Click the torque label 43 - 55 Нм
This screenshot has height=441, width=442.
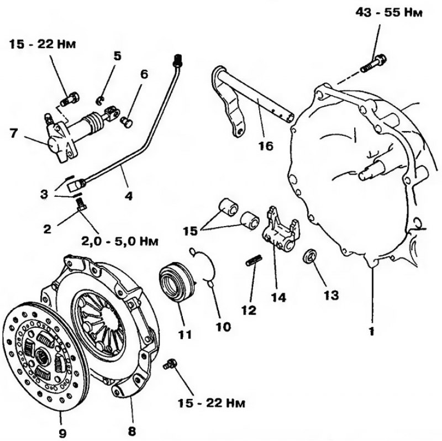pyautogui.click(x=389, y=13)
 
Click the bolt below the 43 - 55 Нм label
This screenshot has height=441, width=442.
pyautogui.click(x=373, y=64)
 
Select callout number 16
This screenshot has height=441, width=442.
pyautogui.click(x=266, y=146)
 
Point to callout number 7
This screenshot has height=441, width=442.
pyautogui.click(x=14, y=133)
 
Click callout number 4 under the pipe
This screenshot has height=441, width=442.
pyautogui.click(x=128, y=196)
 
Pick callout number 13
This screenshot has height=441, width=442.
pyautogui.click(x=331, y=295)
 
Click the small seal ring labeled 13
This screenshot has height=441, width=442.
pyautogui.click(x=310, y=256)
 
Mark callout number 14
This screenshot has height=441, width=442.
pyautogui.click(x=278, y=297)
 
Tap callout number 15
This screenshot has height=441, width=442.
pyautogui.click(x=190, y=231)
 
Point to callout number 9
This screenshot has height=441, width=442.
pyautogui.click(x=62, y=433)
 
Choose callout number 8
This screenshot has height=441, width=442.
pyautogui.click(x=132, y=431)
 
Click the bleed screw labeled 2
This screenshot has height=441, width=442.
pyautogui.click(x=81, y=204)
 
